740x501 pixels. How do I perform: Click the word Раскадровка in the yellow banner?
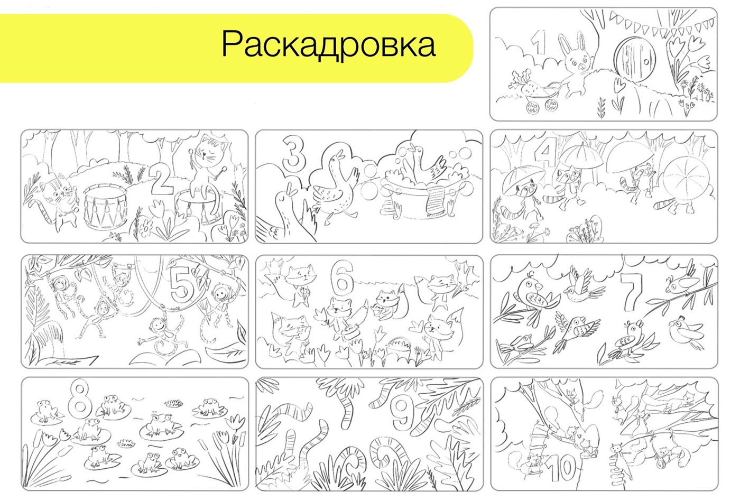[328, 45]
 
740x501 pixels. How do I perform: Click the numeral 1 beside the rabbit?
[539, 43]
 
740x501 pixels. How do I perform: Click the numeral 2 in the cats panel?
[162, 180]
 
